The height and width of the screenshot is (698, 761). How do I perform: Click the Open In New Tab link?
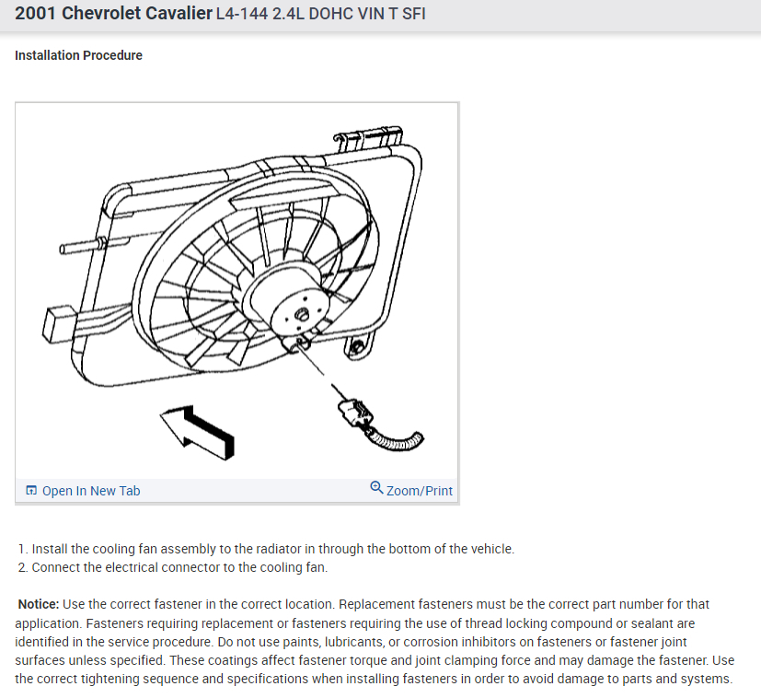coord(90,491)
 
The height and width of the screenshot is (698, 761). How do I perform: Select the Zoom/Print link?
coord(420,491)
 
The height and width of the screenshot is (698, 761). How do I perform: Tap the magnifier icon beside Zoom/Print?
coord(376,488)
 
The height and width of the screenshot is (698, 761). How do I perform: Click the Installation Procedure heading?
coord(78,55)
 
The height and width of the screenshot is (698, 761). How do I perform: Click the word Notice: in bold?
coord(39,604)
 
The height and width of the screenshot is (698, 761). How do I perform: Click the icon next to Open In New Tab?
coord(31,491)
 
